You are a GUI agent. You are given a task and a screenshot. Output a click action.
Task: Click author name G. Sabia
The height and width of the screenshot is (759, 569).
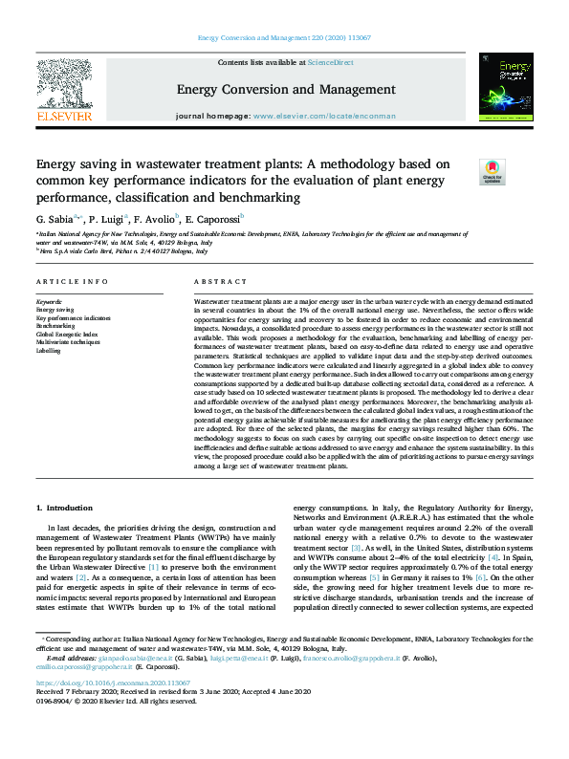click(59, 218)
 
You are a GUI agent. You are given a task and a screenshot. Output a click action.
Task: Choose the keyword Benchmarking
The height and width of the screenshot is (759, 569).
click(55, 325)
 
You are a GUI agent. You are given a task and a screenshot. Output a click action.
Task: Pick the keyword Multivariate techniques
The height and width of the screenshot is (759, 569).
click(67, 341)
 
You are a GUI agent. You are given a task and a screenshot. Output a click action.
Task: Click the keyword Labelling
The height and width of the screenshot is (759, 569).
click(48, 349)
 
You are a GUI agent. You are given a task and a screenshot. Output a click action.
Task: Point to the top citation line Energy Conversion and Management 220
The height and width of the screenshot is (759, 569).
click(284, 37)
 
